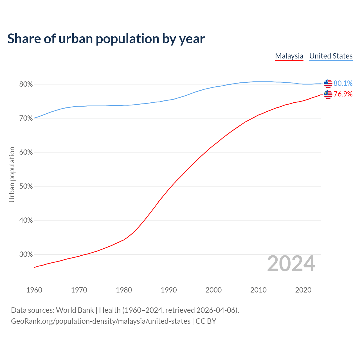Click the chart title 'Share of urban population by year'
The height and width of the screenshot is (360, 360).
pyautogui.click(x=106, y=39)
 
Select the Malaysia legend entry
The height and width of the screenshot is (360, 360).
pyautogui.click(x=289, y=56)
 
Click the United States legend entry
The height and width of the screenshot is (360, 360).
pyautogui.click(x=331, y=56)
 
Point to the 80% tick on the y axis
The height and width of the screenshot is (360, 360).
pyautogui.click(x=26, y=84)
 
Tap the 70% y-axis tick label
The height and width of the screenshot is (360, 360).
pyautogui.click(x=26, y=118)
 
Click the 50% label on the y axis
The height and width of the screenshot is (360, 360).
pyautogui.click(x=26, y=186)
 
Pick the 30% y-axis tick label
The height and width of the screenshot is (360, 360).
pyautogui.click(x=26, y=255)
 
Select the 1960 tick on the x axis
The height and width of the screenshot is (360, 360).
pyautogui.click(x=34, y=290)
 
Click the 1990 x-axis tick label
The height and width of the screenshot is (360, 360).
pyautogui.click(x=169, y=290)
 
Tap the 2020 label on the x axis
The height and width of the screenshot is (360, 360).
pyautogui.click(x=303, y=290)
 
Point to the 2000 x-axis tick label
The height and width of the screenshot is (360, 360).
pyautogui.click(x=213, y=290)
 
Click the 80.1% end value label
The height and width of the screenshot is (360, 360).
pyautogui.click(x=343, y=83)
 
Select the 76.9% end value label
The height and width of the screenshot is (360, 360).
pyautogui.click(x=343, y=94)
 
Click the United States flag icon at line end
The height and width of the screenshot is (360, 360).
pyautogui.click(x=328, y=84)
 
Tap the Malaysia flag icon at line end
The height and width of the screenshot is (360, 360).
pyautogui.click(x=328, y=94)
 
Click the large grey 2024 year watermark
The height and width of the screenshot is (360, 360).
pyautogui.click(x=291, y=264)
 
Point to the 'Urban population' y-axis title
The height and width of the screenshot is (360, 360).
pyautogui.click(x=12, y=174)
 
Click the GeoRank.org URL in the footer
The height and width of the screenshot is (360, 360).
pyautogui.click(x=100, y=321)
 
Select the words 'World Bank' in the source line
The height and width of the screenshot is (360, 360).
pyautogui.click(x=75, y=310)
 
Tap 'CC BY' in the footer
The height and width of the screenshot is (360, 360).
pyautogui.click(x=206, y=321)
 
